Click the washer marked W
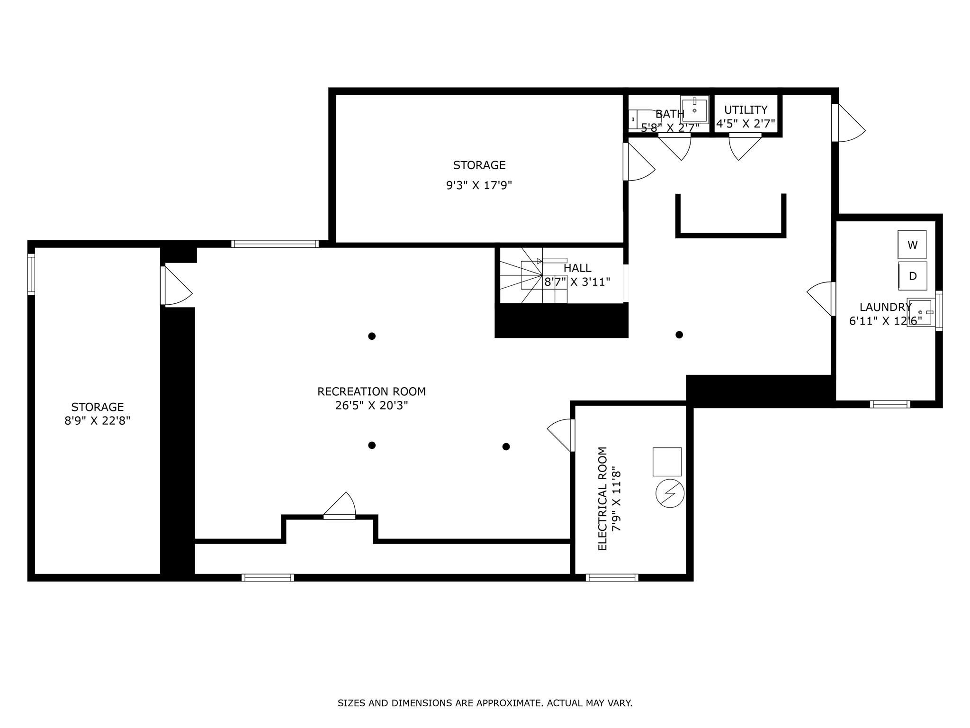pos(912,245)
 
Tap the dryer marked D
pos(912,276)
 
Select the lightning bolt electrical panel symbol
pos(670,493)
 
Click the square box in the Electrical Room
pos(667,462)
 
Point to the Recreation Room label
pos(371,391)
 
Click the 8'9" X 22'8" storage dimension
pos(98,420)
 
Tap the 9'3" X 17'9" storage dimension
pos(479,185)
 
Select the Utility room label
pos(745,110)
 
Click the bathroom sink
pos(694,109)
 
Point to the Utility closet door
pos(745,147)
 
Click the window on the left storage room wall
pos(31,274)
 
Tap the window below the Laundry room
pos(890,404)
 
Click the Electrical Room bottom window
pos(612,577)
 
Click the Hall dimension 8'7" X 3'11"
pos(577,282)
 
